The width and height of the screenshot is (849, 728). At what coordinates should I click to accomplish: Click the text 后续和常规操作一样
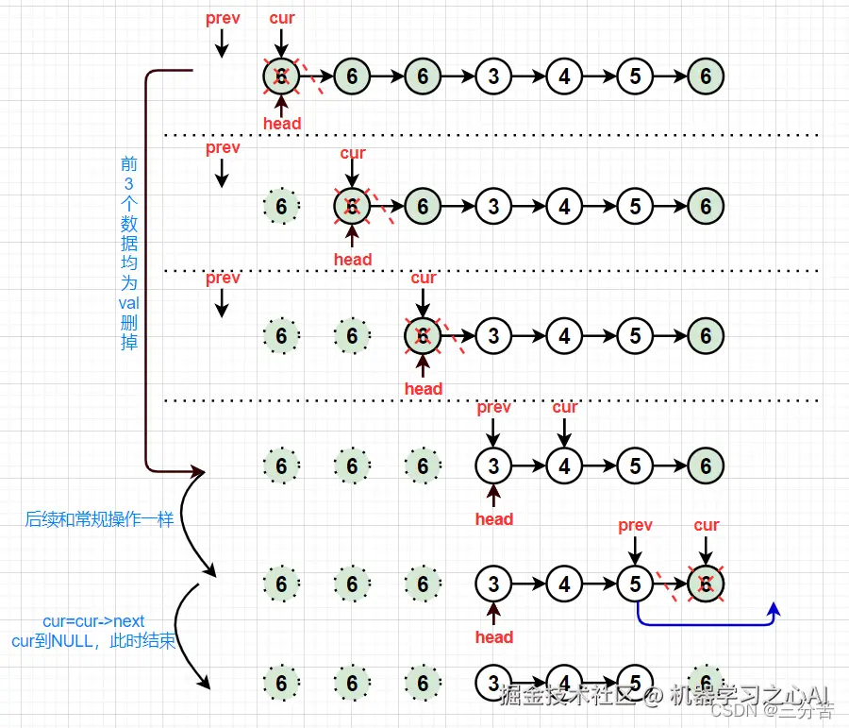click(99, 518)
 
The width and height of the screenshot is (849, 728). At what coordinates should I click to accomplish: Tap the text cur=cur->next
click(94, 621)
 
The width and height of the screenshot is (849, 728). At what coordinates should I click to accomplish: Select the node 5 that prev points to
click(635, 584)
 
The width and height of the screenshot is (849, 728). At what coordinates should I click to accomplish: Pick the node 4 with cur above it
click(564, 466)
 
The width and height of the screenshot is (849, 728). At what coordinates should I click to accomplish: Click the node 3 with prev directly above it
click(493, 466)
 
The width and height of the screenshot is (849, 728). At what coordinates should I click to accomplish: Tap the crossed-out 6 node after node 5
click(706, 584)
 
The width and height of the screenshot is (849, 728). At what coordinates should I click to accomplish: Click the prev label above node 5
click(635, 525)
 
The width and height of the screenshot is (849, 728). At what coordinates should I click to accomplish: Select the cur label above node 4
click(564, 407)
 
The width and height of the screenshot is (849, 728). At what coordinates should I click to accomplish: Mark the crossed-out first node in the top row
click(281, 76)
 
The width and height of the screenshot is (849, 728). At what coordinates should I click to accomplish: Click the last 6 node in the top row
click(706, 76)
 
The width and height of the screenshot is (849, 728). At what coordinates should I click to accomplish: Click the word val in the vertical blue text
click(128, 302)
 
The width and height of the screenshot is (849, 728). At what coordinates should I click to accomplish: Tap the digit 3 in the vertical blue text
click(128, 183)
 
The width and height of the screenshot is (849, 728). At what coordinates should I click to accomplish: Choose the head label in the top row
click(281, 124)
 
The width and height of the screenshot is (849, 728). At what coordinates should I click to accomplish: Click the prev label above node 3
click(493, 407)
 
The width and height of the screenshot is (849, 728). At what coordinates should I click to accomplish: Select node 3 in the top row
click(493, 76)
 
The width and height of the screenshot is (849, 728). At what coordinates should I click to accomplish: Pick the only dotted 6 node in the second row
click(281, 205)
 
